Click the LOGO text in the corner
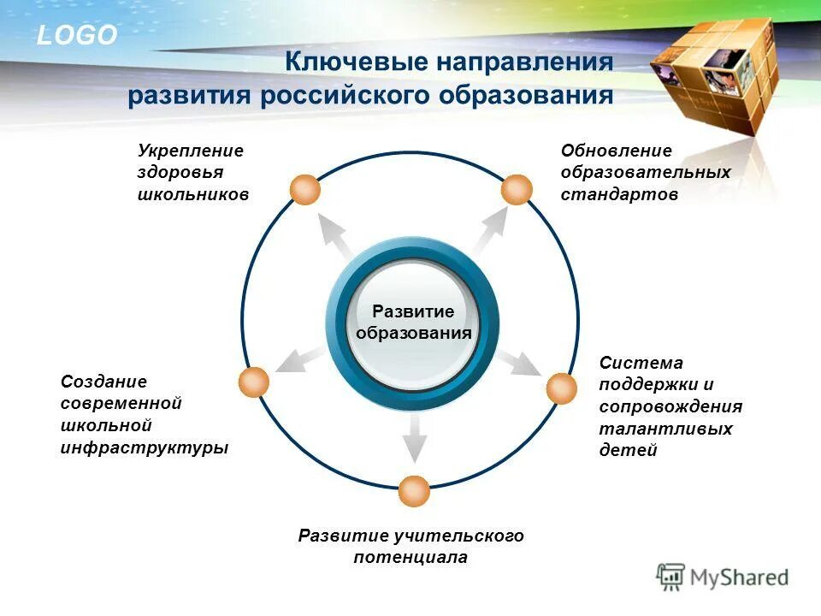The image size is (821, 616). click(x=76, y=35)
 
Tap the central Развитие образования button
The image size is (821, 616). click(x=414, y=322)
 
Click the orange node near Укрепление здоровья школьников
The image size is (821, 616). click(x=305, y=189)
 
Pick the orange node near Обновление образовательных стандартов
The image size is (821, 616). click(x=517, y=189)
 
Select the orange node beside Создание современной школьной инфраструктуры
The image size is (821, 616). click(x=254, y=382)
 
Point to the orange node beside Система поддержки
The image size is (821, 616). click(x=562, y=388)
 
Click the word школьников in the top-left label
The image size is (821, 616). click(x=192, y=194)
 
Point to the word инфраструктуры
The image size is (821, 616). click(x=145, y=447)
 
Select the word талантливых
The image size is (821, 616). click(x=665, y=429)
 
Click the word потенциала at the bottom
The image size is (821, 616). click(x=410, y=558)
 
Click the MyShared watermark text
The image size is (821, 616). click(x=739, y=577)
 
